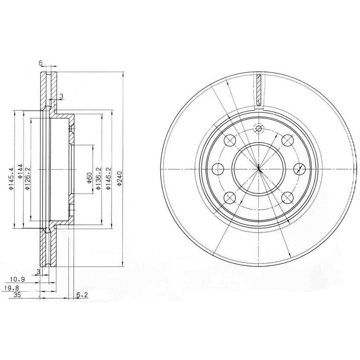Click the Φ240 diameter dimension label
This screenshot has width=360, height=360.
coord(119,179)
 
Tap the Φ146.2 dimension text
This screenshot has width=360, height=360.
coord(109,179)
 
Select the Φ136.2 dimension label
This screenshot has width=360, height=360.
coord(98,179)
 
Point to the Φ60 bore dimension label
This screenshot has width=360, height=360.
coord(90,178)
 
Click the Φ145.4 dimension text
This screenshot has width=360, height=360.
coord(11,179)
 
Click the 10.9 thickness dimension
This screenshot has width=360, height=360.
coord(18,279)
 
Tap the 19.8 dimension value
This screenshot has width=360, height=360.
coord(12,288)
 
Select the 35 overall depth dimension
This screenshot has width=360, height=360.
coord(17,295)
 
